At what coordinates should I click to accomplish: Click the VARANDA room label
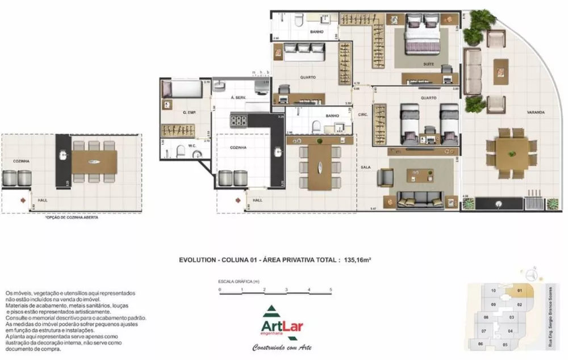coord(534,112)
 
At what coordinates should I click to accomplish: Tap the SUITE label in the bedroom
coord(429,64)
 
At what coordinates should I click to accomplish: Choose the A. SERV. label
coord(238,98)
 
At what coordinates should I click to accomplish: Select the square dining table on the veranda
coord(511,152)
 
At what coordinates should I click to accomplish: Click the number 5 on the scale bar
coord(331,290)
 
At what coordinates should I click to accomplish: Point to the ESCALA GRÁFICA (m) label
coord(239,281)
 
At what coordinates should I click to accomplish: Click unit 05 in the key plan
coord(505,344)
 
